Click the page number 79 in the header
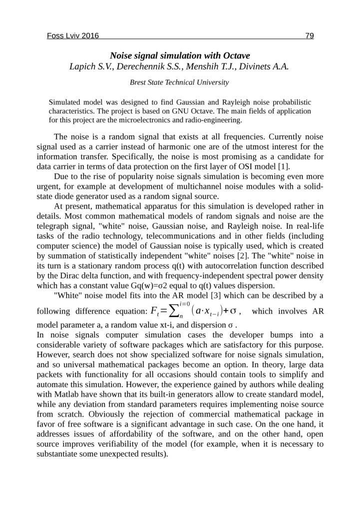pos(309,35)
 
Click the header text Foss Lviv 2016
pos(72,35)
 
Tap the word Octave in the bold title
pos(237,55)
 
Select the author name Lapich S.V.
pos(90,66)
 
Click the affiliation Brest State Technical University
pos(179,82)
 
